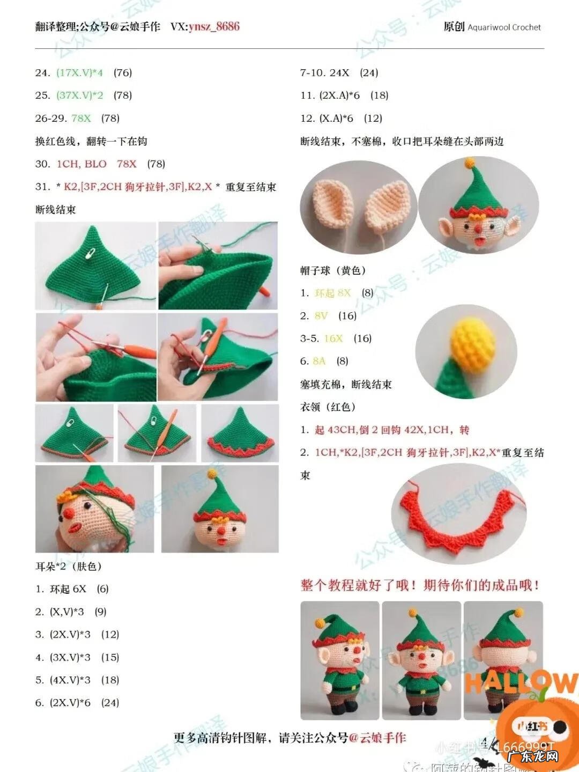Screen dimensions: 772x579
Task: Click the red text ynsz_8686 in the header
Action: pyautogui.click(x=213, y=27)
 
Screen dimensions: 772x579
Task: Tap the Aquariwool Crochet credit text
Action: pyautogui.click(x=504, y=27)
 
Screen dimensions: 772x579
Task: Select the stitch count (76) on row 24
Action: pyautogui.click(x=123, y=72)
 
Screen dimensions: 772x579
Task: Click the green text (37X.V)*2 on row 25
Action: pyautogui.click(x=80, y=95)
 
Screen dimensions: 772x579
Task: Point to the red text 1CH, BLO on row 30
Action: pyautogui.click(x=81, y=164)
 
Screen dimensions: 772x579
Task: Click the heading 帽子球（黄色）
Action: pyautogui.click(x=333, y=270)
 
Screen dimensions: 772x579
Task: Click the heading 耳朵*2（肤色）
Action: pyautogui.click(x=69, y=567)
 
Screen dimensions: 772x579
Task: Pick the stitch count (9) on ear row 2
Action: pyautogui.click(x=100, y=612)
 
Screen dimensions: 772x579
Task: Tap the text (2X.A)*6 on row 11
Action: pyautogui.click(x=340, y=95)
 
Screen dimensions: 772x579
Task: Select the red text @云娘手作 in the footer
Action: pyautogui.click(x=377, y=738)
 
